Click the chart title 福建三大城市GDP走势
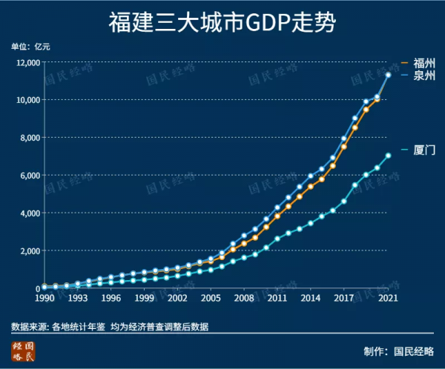click(x=222, y=23)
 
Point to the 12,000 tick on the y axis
click(x=26, y=63)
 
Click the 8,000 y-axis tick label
click(x=28, y=138)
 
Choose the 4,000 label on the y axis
click(x=28, y=213)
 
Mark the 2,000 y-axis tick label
click(x=28, y=251)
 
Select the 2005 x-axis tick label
click(x=211, y=299)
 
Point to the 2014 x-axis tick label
click(x=311, y=299)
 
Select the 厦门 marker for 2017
click(x=344, y=201)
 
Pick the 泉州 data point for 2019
click(x=366, y=102)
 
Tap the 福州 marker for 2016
click(x=333, y=166)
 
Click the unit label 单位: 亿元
click(x=31, y=46)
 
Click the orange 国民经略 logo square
click(x=23, y=351)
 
